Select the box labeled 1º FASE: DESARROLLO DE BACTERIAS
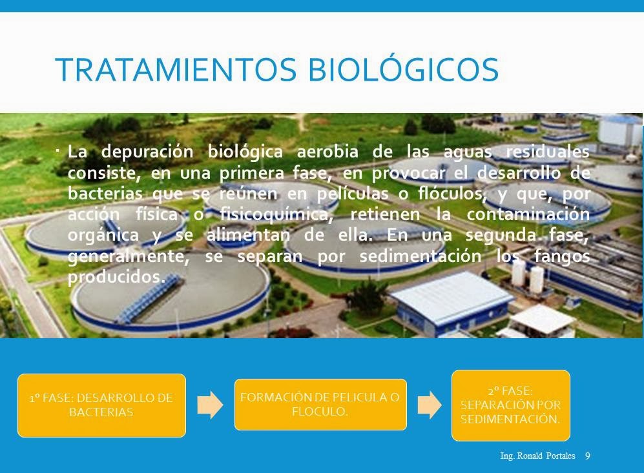(x=101, y=405)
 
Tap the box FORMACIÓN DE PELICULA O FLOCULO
(x=320, y=405)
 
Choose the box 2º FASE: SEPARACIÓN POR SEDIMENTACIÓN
(x=510, y=405)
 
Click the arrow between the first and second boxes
(x=210, y=405)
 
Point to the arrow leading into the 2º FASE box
(x=430, y=405)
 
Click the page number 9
(x=587, y=456)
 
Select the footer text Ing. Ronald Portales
(x=538, y=456)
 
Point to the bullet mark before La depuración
(x=57, y=151)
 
